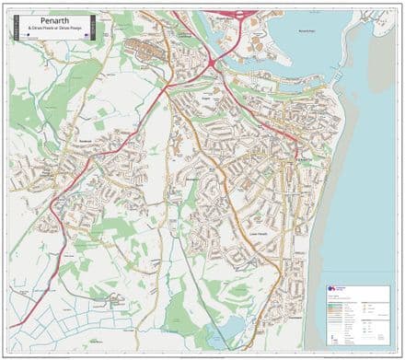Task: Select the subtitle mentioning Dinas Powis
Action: coord(52,28)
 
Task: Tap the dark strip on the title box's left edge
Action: coord(16,27)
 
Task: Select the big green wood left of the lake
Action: coord(178,313)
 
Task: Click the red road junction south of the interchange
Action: coord(214,62)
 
